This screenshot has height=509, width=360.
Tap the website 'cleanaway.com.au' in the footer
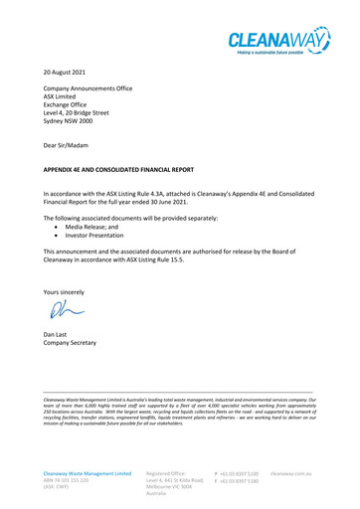(x=323, y=474)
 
